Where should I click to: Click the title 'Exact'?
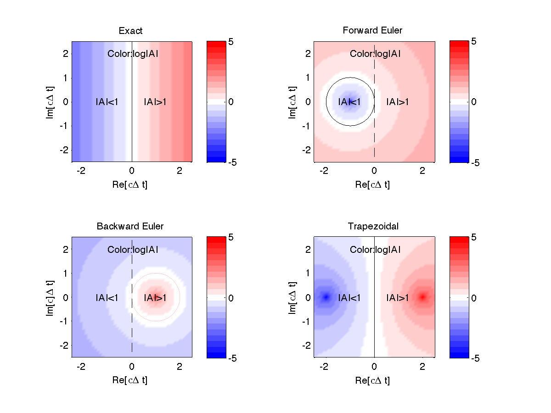click(130, 31)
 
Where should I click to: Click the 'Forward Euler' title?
click(372, 30)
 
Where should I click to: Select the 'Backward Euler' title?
click(130, 226)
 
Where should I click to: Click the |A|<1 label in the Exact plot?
click(107, 102)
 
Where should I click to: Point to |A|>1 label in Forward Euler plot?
click(398, 102)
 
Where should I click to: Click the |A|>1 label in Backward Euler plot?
click(155, 298)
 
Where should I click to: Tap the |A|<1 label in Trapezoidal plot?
click(349, 298)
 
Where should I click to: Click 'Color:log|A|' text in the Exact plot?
click(133, 54)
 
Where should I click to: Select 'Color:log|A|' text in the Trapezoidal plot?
click(375, 250)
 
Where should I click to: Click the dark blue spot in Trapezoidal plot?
click(326, 297)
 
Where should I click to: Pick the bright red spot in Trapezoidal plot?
click(422, 297)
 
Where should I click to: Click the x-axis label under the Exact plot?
click(131, 184)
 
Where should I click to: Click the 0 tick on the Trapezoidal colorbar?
click(474, 298)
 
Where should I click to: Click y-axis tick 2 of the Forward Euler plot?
click(308, 54)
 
